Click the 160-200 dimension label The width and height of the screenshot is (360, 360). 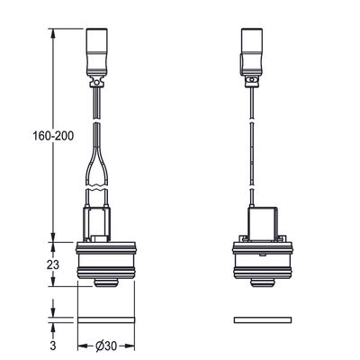(53, 136)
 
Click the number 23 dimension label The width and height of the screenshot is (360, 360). (53, 265)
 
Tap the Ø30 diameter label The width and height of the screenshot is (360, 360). (106, 346)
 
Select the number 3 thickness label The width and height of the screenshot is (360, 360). (53, 346)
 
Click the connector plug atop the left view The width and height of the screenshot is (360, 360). (97, 51)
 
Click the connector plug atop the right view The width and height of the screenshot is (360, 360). (252, 51)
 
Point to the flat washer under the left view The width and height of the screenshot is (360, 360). (106, 320)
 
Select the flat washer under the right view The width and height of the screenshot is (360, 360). (263, 320)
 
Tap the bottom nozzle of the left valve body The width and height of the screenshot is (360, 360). (105, 283)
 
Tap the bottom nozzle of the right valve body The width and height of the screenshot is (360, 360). (262, 283)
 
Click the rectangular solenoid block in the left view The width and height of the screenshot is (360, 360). (96, 223)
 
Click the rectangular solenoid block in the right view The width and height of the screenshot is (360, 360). (262, 223)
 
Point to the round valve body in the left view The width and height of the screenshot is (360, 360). (106, 259)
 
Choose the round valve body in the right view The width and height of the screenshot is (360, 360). (263, 259)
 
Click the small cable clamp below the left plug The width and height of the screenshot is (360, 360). (96, 82)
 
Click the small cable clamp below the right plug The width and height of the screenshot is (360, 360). (251, 81)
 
